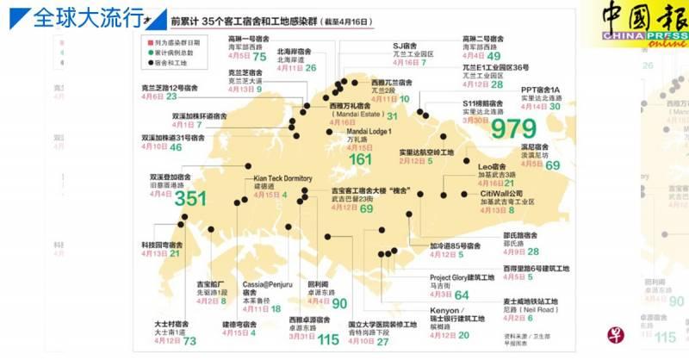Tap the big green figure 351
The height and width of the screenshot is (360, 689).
191,198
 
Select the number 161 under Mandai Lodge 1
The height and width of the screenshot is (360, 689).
359,159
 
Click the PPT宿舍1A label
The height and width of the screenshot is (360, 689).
541,89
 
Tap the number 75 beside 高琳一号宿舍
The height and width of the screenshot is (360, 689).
259,56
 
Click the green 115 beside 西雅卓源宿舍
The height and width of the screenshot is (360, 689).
328,339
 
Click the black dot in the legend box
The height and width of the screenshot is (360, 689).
150,63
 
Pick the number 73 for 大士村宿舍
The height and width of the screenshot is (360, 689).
189,341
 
